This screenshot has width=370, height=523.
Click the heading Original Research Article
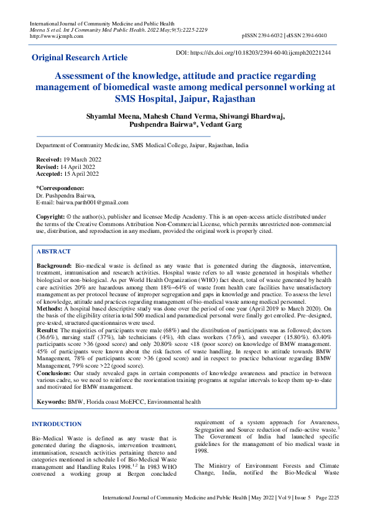click(x=80, y=58)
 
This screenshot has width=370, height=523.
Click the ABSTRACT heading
click(x=53, y=252)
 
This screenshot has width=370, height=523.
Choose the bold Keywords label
click(x=52, y=402)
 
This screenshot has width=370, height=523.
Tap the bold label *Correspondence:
click(x=60, y=188)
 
